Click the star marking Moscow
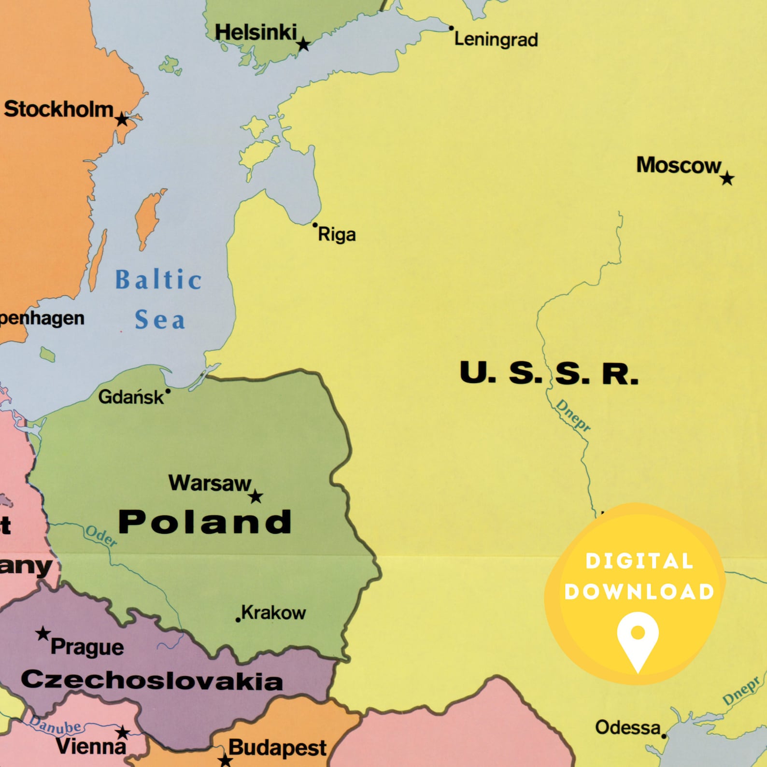tap(727, 179)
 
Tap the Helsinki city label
tap(256, 33)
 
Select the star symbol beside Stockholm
tap(122, 119)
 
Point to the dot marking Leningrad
tap(452, 28)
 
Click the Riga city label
tap(337, 235)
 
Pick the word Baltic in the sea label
tap(158, 280)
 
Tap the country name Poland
tap(205, 522)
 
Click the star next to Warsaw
tap(256, 497)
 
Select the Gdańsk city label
tap(131, 397)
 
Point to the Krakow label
tap(273, 612)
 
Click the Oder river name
tap(101, 536)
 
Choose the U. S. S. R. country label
tap(549, 373)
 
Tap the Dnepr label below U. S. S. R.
tap(573, 415)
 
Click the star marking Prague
tap(43, 633)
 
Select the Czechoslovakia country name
tap(152, 680)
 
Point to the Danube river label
tap(56, 725)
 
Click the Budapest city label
tap(277, 748)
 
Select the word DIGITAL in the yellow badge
tap(639, 561)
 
